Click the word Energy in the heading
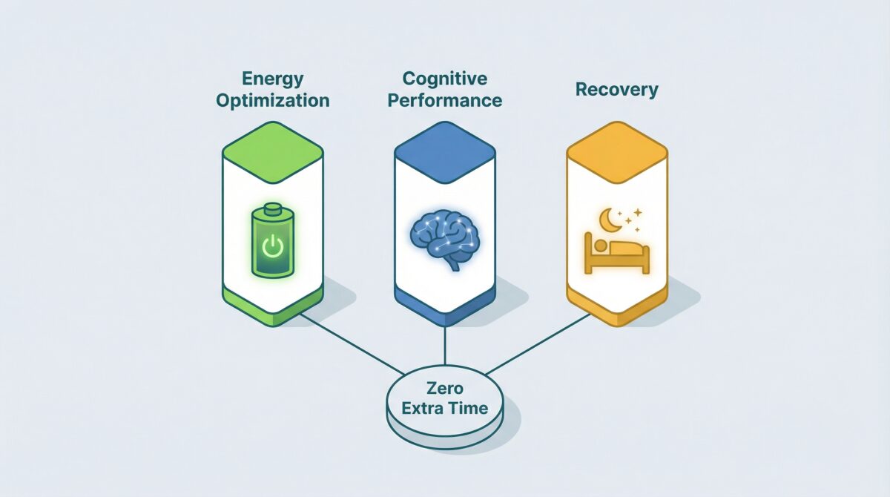click(272, 79)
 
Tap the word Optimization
click(272, 100)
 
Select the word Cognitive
click(444, 79)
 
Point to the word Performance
click(444, 99)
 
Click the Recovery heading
click(616, 90)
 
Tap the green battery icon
click(272, 243)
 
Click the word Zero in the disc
click(445, 387)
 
